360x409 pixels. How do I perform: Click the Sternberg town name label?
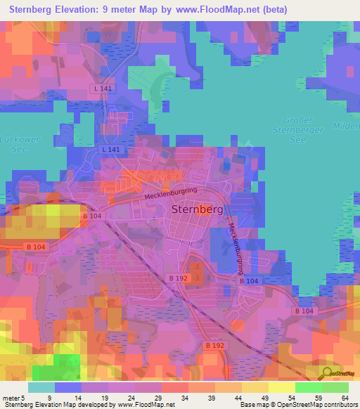tap(196, 209)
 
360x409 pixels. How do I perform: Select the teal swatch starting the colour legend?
tap(41, 387)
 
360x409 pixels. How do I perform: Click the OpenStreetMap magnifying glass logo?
tap(326, 373)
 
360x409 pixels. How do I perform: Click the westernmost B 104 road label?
tap(37, 246)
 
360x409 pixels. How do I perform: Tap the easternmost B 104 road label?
tap(304, 310)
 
